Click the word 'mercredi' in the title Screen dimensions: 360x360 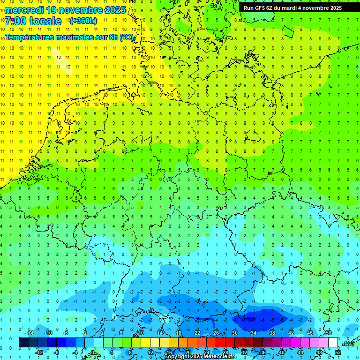tap(21, 10)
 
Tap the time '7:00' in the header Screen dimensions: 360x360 tap(15, 21)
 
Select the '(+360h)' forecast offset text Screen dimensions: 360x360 tap(83, 21)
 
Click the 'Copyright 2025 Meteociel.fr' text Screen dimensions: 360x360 tap(200, 357)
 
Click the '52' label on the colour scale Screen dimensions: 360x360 tap(338, 352)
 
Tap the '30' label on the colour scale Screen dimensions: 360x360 tap(235, 333)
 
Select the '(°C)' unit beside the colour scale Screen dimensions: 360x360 tap(348, 343)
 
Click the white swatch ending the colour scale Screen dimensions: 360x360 tap(333, 343)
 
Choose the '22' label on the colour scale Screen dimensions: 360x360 tap(197, 333)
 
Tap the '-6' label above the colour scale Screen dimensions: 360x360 tap(66, 333)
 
